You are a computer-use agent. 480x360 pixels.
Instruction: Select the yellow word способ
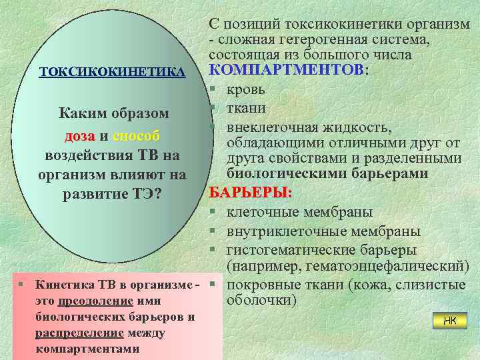pyautogui.click(x=137, y=137)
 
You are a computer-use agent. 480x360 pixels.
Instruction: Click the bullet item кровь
pyautogui.click(x=246, y=89)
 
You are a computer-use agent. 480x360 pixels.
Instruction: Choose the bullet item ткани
pyautogui.click(x=246, y=107)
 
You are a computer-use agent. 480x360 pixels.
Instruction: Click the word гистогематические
pyautogui.click(x=288, y=250)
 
